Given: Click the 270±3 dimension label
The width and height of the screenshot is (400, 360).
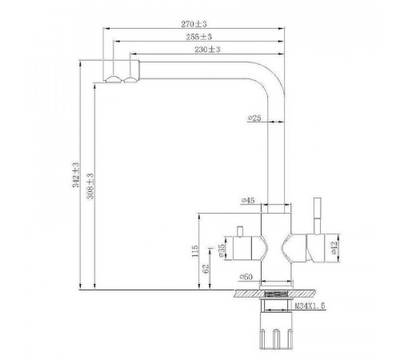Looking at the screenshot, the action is [x=194, y=24].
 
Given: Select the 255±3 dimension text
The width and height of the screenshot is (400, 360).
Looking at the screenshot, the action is [x=199, y=37].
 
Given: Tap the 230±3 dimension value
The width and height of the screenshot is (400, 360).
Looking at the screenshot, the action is [x=207, y=50].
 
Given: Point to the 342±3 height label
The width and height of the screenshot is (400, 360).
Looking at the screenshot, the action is [x=76, y=174].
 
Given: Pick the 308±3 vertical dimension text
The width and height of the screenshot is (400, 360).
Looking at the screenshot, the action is [x=90, y=186].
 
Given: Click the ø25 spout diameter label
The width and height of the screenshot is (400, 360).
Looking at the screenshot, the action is [x=254, y=118].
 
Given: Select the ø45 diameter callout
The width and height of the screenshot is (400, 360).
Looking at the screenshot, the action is [x=248, y=200].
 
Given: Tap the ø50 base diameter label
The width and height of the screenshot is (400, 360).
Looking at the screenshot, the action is [x=246, y=277].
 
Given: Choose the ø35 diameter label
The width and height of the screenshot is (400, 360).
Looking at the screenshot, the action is [x=222, y=250].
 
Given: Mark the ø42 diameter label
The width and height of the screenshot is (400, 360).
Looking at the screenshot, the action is [x=334, y=247].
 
